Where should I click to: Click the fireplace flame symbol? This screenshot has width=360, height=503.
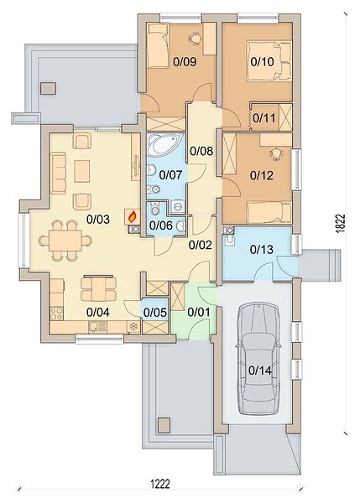coord(133,217)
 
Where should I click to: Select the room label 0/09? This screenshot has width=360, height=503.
coord(185,61)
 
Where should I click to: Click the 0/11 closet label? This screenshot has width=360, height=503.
coord(264,117)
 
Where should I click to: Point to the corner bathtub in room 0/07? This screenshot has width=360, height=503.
coord(164,145)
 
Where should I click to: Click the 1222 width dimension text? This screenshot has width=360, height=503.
coord(160,484)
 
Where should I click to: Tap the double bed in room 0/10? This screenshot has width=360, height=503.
coord(269,61)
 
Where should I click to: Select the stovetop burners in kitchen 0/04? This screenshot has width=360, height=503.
coord(56,314)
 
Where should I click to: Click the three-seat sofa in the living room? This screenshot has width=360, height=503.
coord(58,174)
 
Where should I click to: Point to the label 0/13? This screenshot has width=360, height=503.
coord(262,249)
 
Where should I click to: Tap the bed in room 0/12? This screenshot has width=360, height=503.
coord(269,212)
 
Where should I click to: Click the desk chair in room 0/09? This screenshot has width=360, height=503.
coord(195,39)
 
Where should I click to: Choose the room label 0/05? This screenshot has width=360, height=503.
coord(155,312)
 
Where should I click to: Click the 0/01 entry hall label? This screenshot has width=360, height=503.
coord(199,312)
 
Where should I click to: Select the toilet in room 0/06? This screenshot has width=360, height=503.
coord(154,209)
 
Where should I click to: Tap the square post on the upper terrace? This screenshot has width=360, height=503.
coord(49,88)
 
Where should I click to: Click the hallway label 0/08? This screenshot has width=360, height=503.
coord(201,151)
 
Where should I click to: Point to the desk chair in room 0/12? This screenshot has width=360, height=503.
coord(276,153)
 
